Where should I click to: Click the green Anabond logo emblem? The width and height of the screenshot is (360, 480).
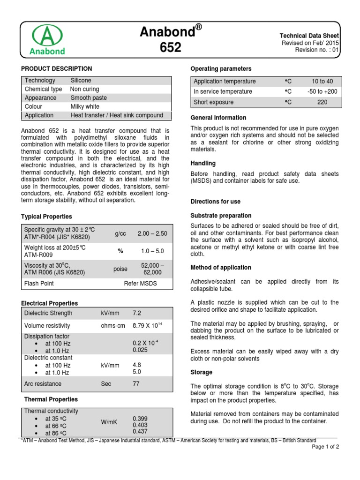coord(47,36)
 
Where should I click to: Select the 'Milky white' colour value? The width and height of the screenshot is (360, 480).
coord(85,106)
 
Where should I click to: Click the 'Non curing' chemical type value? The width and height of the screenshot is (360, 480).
coord(84,89)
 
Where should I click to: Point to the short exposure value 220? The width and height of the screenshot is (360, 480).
coord(322,102)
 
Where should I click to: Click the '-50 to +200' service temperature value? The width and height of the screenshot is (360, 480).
coord(322,91)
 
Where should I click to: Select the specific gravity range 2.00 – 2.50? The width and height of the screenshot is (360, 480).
coord(152,233)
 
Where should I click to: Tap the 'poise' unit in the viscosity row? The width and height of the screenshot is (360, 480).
coord(120,269)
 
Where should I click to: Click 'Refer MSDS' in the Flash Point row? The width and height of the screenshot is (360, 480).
coord(140,284)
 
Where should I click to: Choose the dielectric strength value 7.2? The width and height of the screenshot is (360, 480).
coord(137,313)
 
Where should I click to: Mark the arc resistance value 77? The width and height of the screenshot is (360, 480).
coord(136,384)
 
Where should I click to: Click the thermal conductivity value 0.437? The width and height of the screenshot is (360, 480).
coord(140,431)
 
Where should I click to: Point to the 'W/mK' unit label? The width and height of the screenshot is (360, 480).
coord(109,422)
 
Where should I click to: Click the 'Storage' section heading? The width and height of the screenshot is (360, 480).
coord(201,372)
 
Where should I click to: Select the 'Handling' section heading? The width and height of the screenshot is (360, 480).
coord(203,164)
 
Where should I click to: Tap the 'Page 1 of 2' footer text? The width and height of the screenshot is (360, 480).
coord(325,447)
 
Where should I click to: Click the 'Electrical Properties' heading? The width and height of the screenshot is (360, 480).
coord(50,303)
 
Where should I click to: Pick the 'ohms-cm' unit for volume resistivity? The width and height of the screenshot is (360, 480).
coord(112,325)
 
